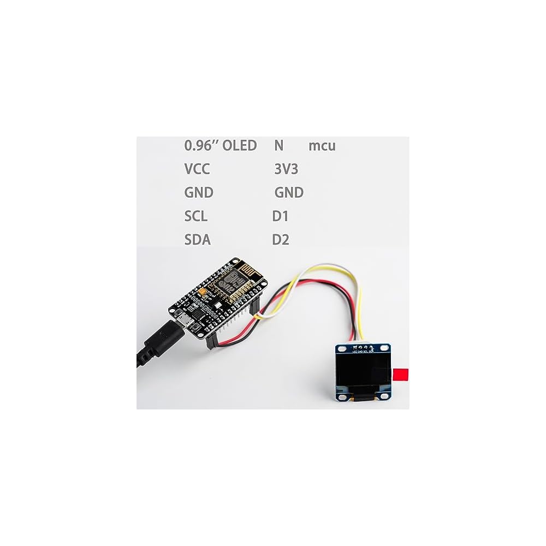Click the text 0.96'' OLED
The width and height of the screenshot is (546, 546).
click(220, 146)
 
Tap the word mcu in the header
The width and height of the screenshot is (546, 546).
click(322, 146)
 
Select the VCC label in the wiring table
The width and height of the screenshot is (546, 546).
click(197, 169)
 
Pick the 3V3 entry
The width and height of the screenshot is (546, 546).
click(286, 169)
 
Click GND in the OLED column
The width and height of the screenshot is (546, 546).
click(199, 193)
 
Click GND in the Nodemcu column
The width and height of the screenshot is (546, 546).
click(288, 193)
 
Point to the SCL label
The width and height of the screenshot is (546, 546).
click(196, 216)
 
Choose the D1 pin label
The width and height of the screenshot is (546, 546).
click(280, 216)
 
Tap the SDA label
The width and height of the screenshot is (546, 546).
click(198, 240)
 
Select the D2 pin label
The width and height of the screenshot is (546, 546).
click(281, 240)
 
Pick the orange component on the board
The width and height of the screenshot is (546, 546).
click(204, 294)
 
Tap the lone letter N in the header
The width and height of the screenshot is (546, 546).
click(278, 146)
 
